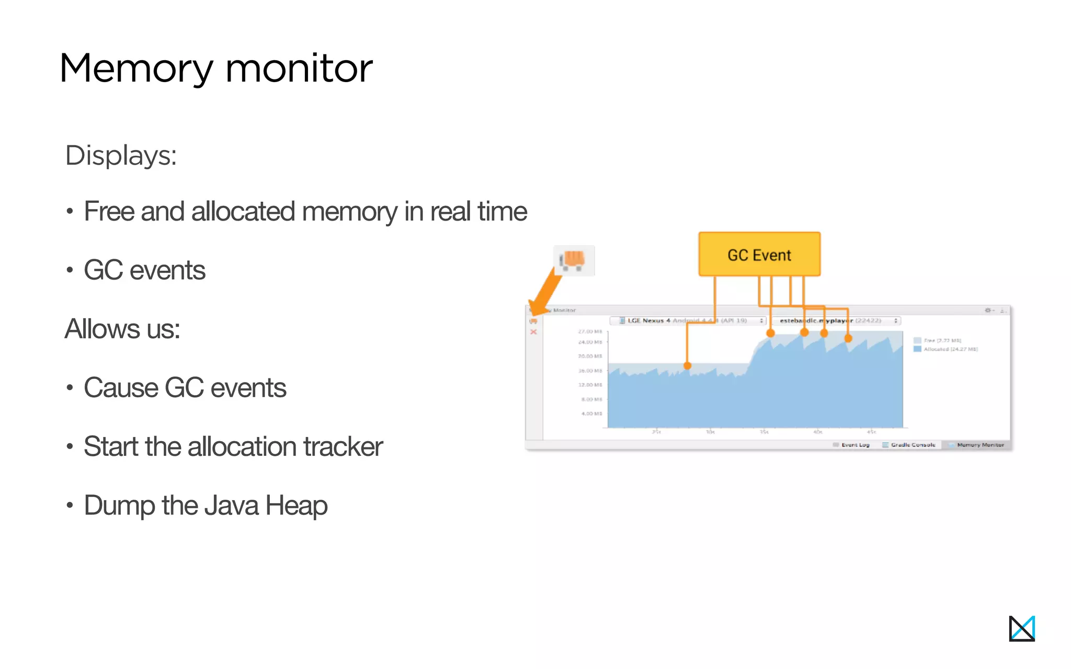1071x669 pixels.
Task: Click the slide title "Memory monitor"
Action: click(x=216, y=68)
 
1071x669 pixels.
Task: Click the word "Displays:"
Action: click(x=121, y=156)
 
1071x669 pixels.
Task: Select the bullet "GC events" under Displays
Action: click(x=144, y=270)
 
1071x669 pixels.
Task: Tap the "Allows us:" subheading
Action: click(x=122, y=329)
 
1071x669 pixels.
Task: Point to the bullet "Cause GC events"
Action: click(x=185, y=388)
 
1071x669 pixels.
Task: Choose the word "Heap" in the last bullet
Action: click(x=296, y=505)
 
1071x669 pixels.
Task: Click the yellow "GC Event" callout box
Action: click(x=759, y=255)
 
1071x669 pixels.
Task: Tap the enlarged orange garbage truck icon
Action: click(x=574, y=260)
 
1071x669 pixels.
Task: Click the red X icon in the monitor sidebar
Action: click(x=533, y=332)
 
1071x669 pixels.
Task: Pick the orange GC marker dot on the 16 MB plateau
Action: click(x=687, y=366)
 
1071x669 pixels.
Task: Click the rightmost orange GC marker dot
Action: click(x=848, y=339)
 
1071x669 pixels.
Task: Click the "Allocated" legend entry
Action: click(x=945, y=349)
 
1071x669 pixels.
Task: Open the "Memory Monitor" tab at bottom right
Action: click(x=976, y=445)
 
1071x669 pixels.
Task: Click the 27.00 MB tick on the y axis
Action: click(x=590, y=331)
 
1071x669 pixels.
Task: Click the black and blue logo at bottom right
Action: click(x=1021, y=628)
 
